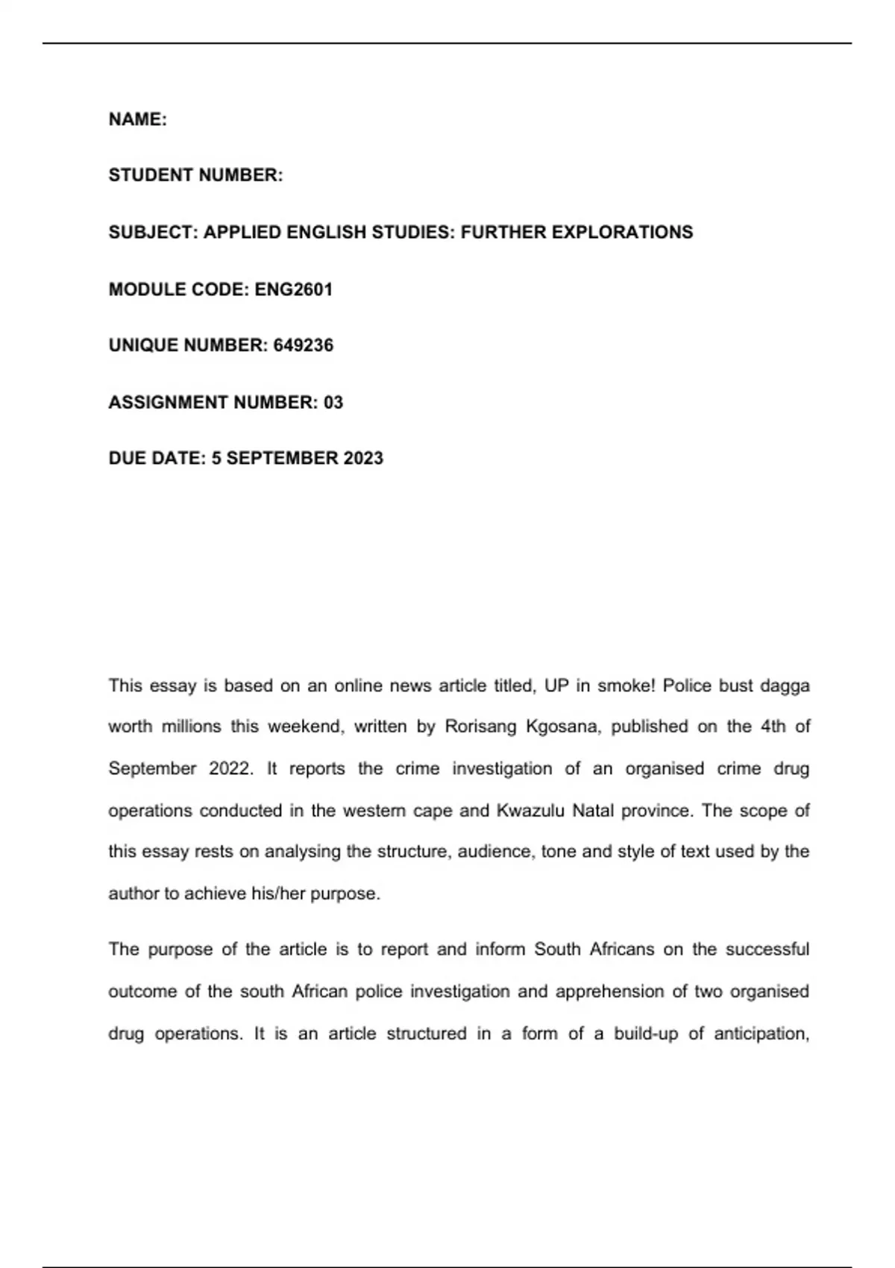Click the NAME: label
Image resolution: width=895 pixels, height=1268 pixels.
[x=138, y=119]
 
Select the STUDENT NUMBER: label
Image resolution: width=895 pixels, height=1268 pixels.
[x=195, y=175]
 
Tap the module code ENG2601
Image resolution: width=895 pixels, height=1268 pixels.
[x=293, y=289]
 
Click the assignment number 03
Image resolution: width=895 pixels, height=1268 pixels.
[x=333, y=403]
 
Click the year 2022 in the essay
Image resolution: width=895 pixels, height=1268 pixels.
[x=230, y=769]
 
